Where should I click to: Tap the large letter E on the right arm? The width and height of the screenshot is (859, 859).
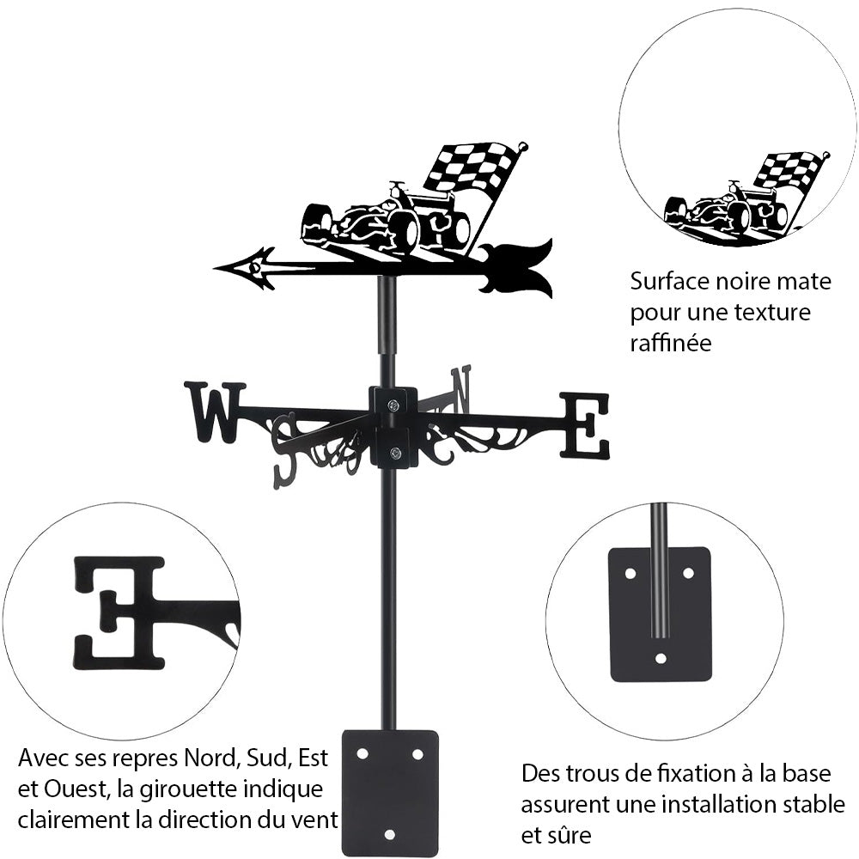[x=586, y=425]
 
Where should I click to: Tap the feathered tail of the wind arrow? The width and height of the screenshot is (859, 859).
[x=521, y=267]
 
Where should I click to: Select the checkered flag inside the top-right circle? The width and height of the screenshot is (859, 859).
[x=788, y=169]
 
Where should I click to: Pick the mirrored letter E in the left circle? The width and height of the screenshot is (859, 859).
[x=120, y=612]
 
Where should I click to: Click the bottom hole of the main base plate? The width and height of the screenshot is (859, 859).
[x=390, y=833]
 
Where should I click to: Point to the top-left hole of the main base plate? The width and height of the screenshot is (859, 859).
[x=362, y=753]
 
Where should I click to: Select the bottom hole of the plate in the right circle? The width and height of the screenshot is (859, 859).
[x=660, y=658]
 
